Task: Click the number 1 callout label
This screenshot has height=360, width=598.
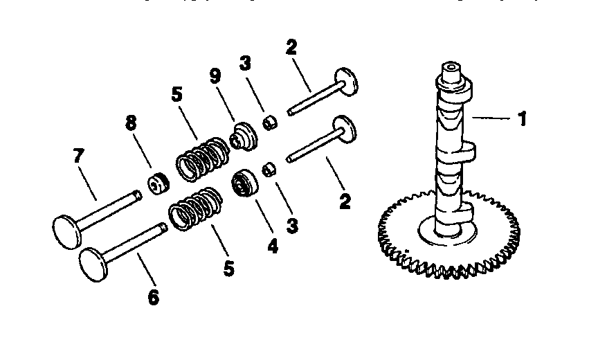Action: click(523, 119)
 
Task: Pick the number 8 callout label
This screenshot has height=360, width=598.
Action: click(132, 123)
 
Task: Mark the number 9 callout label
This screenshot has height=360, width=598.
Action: click(215, 77)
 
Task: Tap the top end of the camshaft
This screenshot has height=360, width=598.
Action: click(451, 69)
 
